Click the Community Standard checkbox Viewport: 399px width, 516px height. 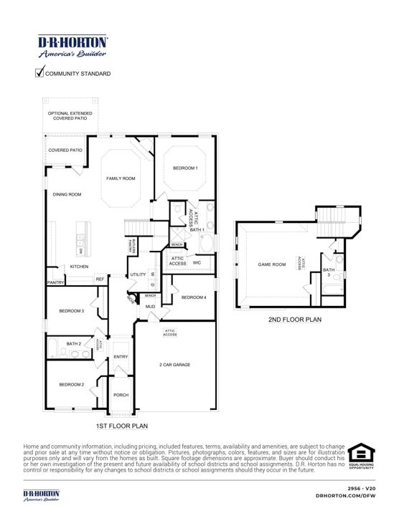[39, 73]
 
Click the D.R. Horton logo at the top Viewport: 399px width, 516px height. [72, 47]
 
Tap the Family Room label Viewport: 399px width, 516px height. [121, 178]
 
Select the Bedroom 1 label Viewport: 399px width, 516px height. [185, 168]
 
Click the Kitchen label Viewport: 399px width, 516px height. [79, 267]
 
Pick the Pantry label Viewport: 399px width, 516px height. [56, 282]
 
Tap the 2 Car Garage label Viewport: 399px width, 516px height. [174, 365]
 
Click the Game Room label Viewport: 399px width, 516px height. [272, 264]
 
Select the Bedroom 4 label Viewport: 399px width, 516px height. [194, 297]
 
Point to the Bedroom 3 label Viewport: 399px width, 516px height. [72, 310]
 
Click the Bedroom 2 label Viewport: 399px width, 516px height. [72, 385]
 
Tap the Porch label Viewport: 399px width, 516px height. [121, 395]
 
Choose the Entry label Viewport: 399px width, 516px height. [121, 357]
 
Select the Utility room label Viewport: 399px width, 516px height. [138, 274]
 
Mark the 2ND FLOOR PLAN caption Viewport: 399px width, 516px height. [294, 320]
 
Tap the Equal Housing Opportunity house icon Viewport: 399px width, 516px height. [362, 454]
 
